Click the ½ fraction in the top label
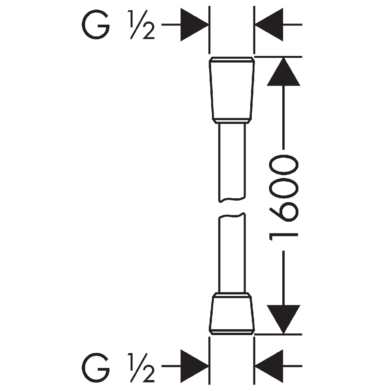pyautogui.click(x=142, y=25)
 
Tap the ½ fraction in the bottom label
pyautogui.click(x=142, y=368)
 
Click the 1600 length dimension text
pyautogui.click(x=284, y=198)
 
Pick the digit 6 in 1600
pyautogui.click(x=284, y=212)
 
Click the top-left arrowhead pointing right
pyautogui.click(x=194, y=24)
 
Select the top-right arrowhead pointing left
pyautogui.click(x=269, y=24)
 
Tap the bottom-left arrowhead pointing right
pyautogui.click(x=194, y=366)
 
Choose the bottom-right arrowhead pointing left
pyautogui.click(x=269, y=366)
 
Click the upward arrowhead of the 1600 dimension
pyautogui.click(x=283, y=72)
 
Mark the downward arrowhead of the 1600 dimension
pyautogui.click(x=283, y=319)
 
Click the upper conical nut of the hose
pyautogui.click(x=232, y=90)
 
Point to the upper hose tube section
pyautogui.click(x=232, y=162)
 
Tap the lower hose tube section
pyautogui.click(x=232, y=253)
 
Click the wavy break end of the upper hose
pyautogui.click(x=232, y=200)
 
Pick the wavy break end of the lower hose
pyautogui.click(x=232, y=215)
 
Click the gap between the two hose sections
pyautogui.click(x=232, y=208)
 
